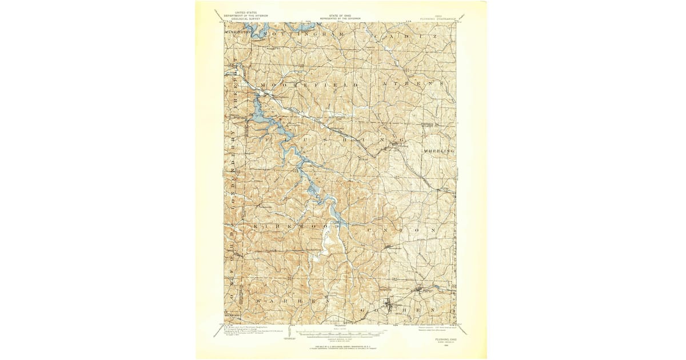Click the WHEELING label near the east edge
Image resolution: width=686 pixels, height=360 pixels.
(x=438, y=150)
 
